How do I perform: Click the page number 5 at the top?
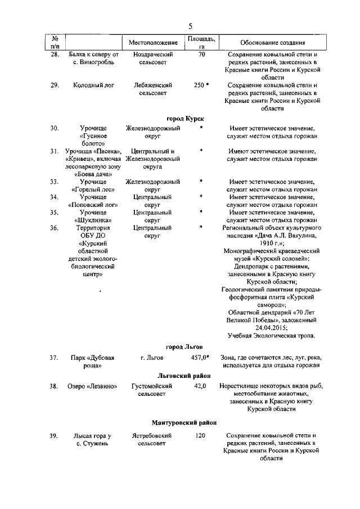click(x=190, y=26)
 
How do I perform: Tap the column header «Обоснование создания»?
click(x=273, y=42)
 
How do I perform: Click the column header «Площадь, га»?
click(x=201, y=42)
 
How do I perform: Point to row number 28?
click(x=55, y=55)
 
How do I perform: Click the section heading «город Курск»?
click(x=186, y=118)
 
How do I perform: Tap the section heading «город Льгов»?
click(x=184, y=346)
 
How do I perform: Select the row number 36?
click(x=55, y=228)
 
